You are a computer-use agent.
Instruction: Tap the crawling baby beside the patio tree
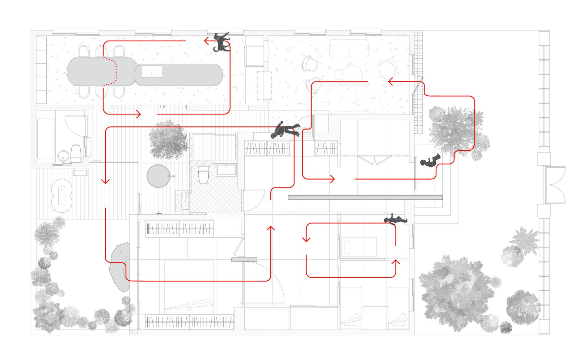click(430, 161)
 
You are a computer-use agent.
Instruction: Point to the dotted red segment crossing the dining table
click(115, 72)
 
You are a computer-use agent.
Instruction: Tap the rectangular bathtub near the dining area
click(46, 139)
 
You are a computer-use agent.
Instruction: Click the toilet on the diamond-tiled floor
click(203, 175)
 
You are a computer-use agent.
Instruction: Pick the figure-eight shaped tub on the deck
click(62, 196)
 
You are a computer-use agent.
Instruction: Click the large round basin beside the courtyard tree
click(158, 176)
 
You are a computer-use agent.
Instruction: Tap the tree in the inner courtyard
click(168, 139)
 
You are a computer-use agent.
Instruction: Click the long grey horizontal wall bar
click(365, 197)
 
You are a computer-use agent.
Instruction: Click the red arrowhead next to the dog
click(207, 41)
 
